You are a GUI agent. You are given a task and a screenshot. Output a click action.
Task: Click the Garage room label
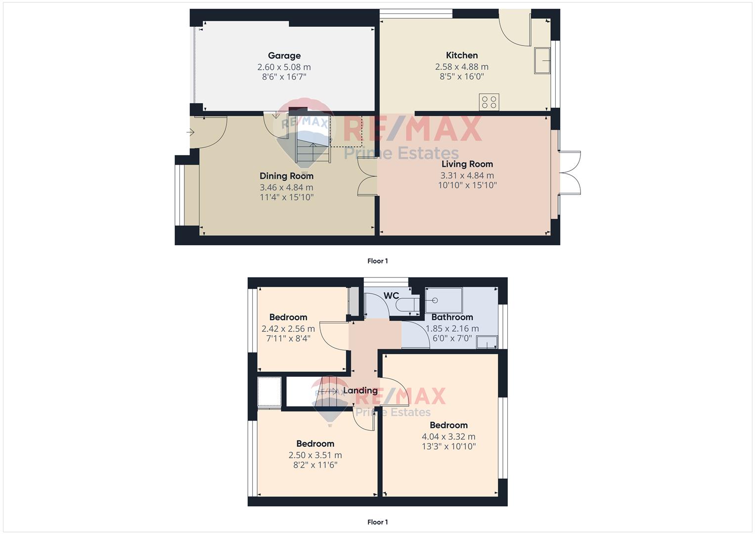[x=284, y=55]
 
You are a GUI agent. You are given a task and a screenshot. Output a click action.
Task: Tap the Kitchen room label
[x=461, y=55]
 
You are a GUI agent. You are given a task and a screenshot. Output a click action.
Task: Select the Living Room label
[x=467, y=164]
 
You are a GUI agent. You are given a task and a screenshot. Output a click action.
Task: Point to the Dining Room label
[x=286, y=176]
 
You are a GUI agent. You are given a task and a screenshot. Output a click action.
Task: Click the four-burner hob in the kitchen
[x=489, y=102]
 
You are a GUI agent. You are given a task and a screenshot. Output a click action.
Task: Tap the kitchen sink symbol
[x=542, y=61]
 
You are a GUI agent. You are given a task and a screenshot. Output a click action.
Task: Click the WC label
[x=391, y=296]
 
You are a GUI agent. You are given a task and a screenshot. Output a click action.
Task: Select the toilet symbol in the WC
[x=407, y=305]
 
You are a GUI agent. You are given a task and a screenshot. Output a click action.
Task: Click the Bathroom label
[x=452, y=317]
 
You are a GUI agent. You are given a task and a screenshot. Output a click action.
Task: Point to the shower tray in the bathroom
[x=444, y=301]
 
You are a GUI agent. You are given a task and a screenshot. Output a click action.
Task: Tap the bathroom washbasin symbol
[x=487, y=342]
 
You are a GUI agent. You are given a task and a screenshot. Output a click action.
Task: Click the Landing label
[x=360, y=391]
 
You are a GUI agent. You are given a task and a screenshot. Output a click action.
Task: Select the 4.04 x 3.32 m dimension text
[x=448, y=437]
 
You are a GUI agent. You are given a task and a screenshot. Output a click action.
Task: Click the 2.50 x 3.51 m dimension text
[x=315, y=455]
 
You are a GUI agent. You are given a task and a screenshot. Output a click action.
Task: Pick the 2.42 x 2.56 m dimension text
[x=288, y=329]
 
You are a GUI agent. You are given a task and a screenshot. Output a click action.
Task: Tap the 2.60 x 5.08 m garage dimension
[x=284, y=67]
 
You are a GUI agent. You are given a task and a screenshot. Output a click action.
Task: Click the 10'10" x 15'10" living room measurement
[x=467, y=185]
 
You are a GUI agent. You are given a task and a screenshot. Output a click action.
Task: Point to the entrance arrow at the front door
[x=190, y=133]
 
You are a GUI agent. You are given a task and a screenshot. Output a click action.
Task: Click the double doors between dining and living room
[x=367, y=177]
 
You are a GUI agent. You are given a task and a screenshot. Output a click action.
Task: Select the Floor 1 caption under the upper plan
[x=378, y=261]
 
